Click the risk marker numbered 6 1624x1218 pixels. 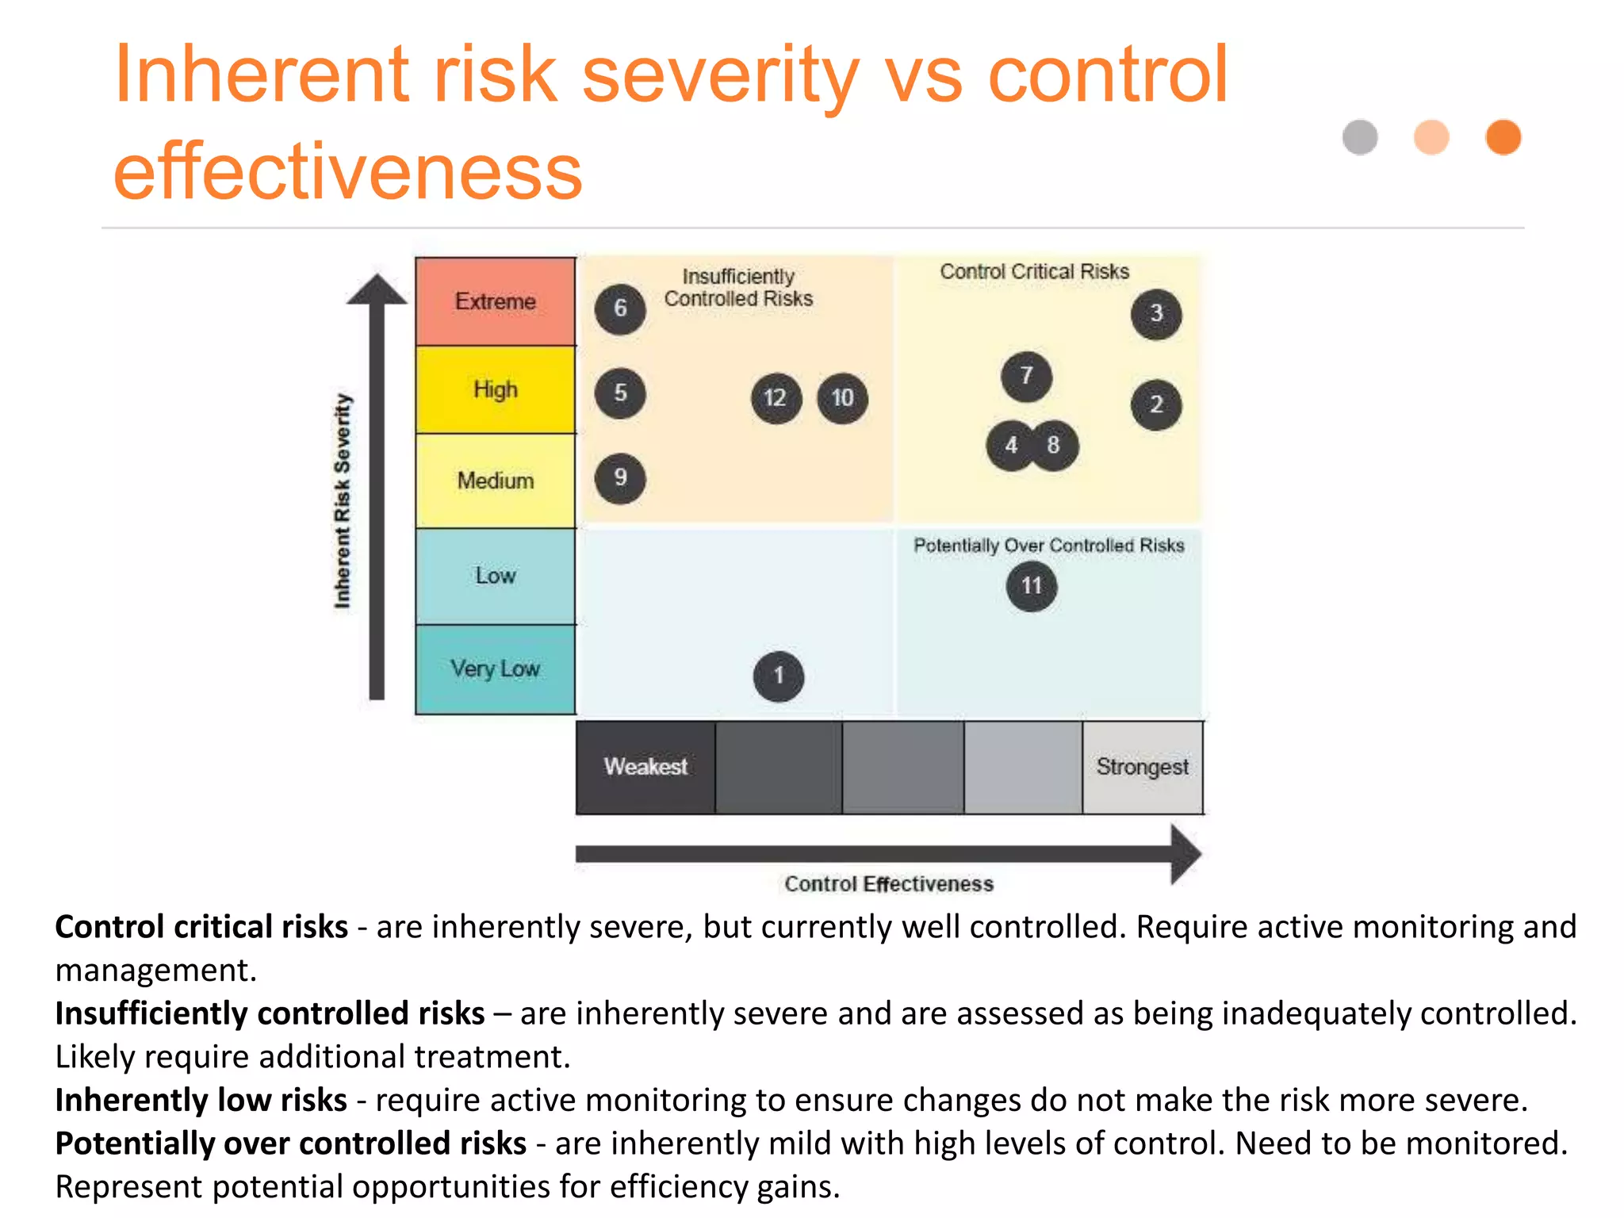[620, 308]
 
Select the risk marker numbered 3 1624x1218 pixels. [1156, 314]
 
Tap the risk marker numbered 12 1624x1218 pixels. [776, 398]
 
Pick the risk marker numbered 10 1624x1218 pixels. [842, 398]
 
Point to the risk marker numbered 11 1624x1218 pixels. [1031, 587]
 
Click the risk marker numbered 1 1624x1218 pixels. [779, 676]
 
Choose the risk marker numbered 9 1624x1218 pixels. [620, 478]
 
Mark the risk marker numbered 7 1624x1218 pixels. [1026, 376]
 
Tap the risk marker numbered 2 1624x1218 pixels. [1156, 405]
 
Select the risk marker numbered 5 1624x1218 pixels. [620, 393]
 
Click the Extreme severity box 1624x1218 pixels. [496, 301]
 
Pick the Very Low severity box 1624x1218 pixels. [496, 669]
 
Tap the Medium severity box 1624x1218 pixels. [496, 481]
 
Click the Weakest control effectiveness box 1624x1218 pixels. [645, 767]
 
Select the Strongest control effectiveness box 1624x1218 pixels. [1142, 767]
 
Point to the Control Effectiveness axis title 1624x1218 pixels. [889, 884]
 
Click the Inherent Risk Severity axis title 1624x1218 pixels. [342, 501]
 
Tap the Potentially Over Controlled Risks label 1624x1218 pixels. [1048, 546]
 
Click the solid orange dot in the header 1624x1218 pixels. [1503, 137]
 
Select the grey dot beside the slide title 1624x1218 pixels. [1360, 137]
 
